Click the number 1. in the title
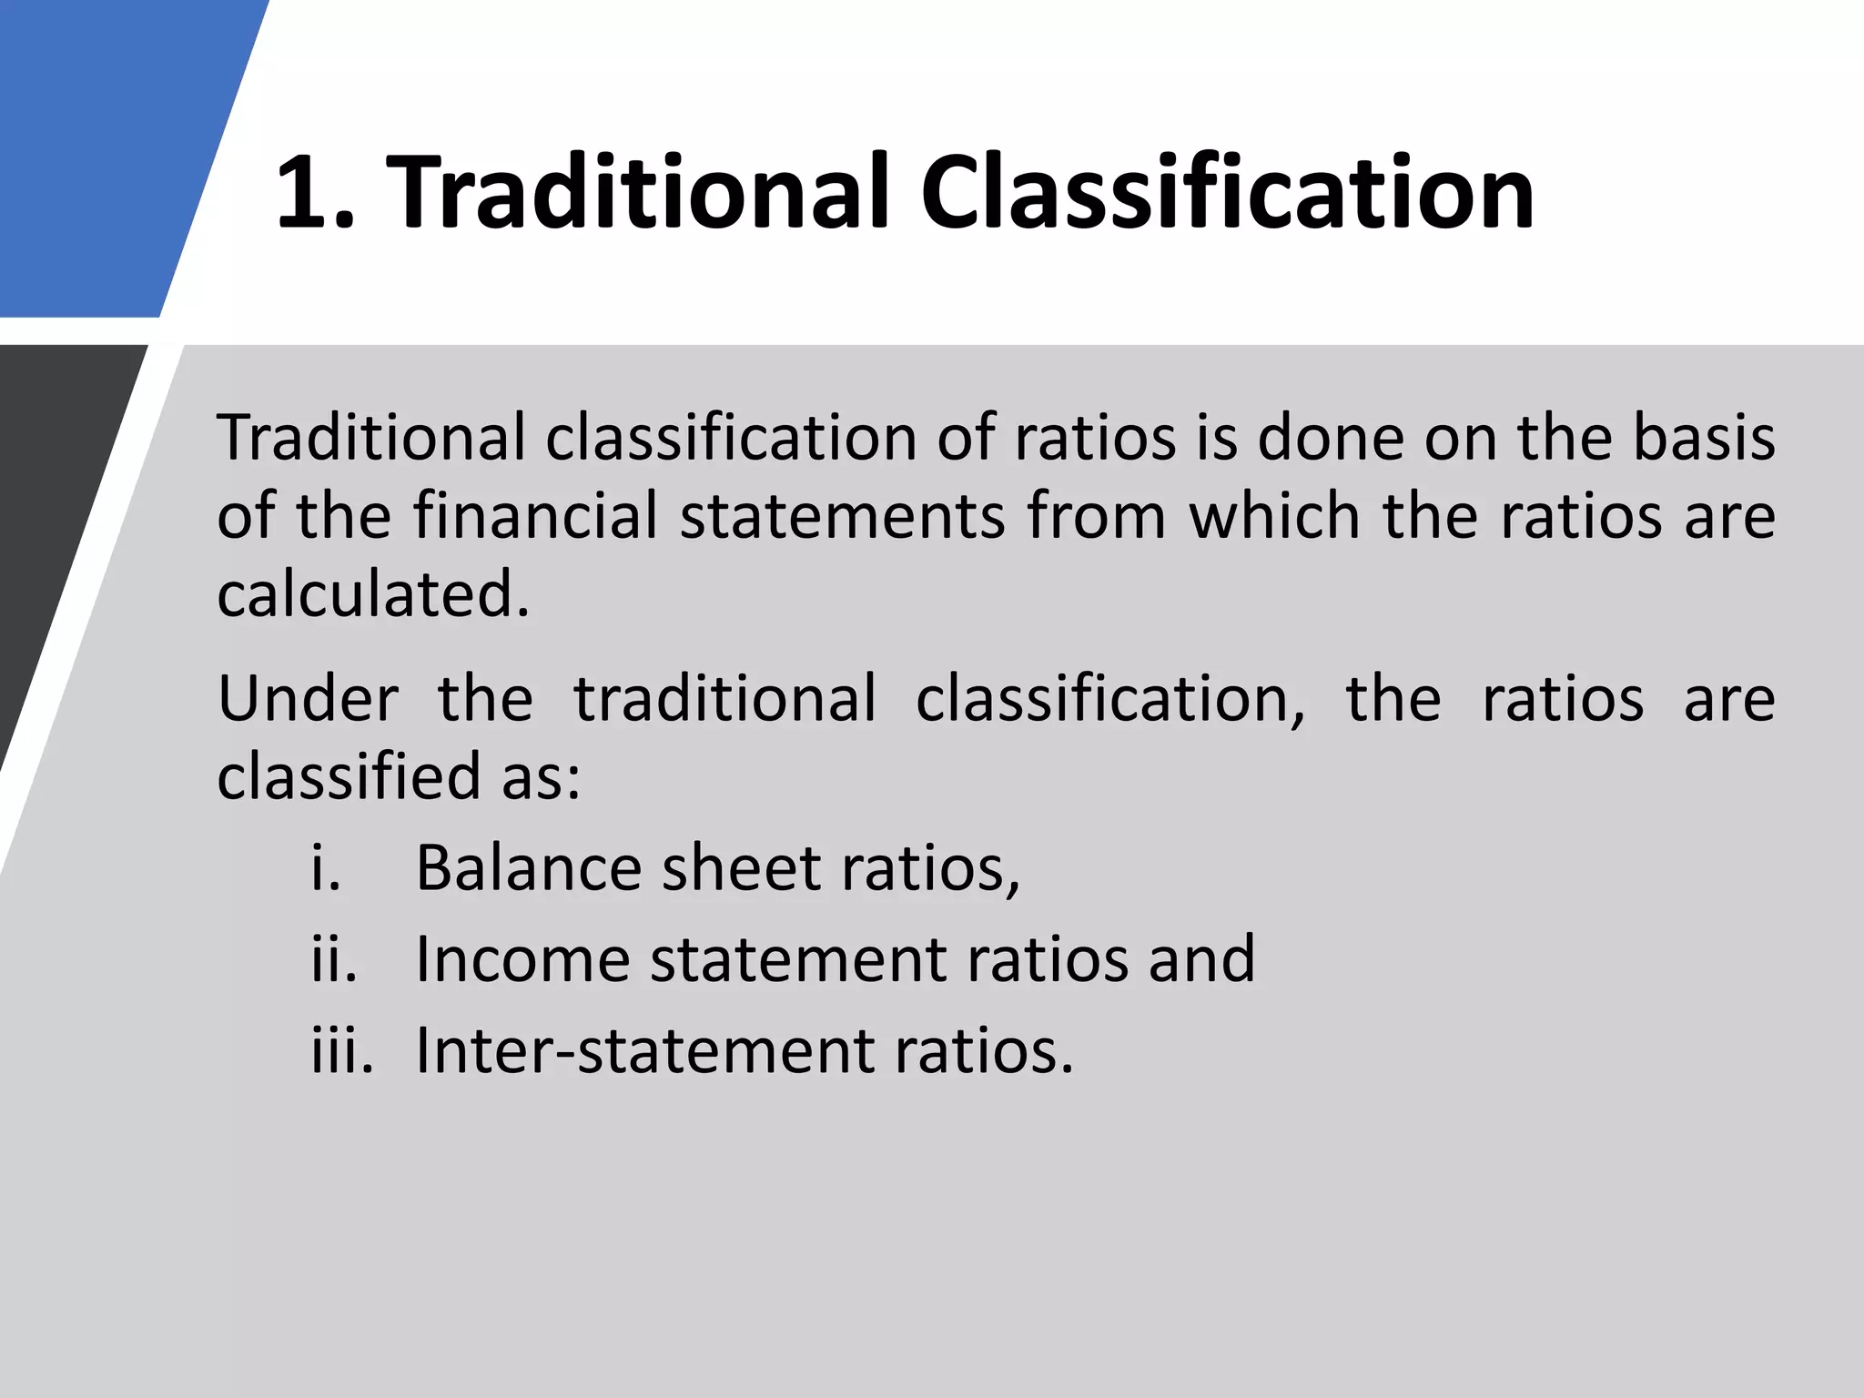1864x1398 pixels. (314, 193)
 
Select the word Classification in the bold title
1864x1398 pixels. (1227, 193)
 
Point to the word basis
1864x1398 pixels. (1704, 438)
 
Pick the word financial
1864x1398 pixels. (535, 516)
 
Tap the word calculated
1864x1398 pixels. (373, 594)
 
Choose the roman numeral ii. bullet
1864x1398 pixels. (334, 959)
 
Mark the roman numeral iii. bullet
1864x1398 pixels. (342, 1051)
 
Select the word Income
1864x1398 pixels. (522, 959)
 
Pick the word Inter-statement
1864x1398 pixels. (644, 1051)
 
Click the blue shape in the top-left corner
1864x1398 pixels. (109, 155)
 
